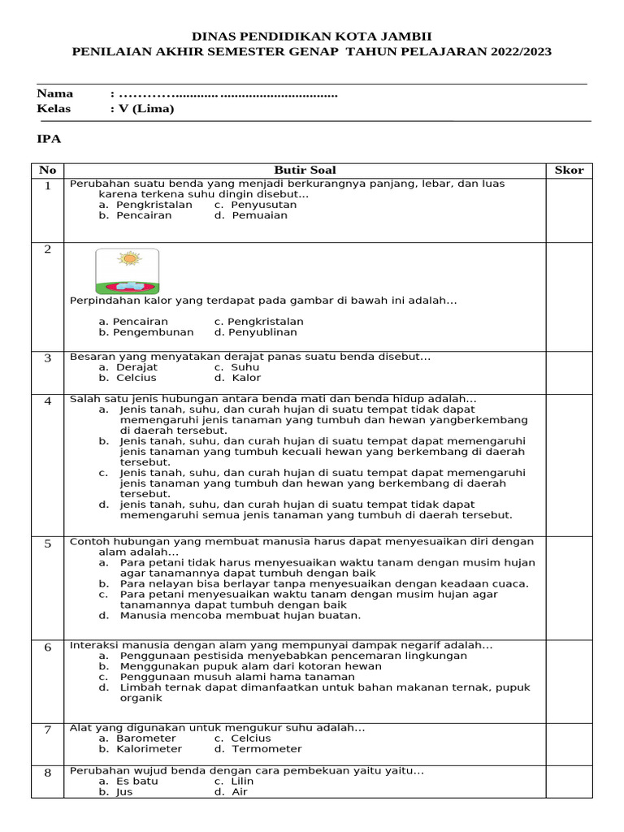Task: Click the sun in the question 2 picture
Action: pos(128,259)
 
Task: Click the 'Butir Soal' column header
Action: pos(305,170)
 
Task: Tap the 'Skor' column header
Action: pos(569,170)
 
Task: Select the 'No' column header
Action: pos(48,170)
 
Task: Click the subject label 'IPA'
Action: pos(49,139)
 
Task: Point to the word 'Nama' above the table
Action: pos(55,93)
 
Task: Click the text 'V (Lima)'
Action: pos(146,108)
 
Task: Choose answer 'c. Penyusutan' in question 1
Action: pos(255,205)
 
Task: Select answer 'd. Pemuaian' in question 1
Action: pos(250,215)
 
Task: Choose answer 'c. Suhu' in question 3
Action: pos(236,367)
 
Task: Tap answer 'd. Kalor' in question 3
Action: pos(236,378)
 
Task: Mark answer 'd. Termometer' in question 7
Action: pos(258,748)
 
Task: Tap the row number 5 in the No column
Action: pos(48,544)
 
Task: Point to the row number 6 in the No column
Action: pos(48,648)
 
